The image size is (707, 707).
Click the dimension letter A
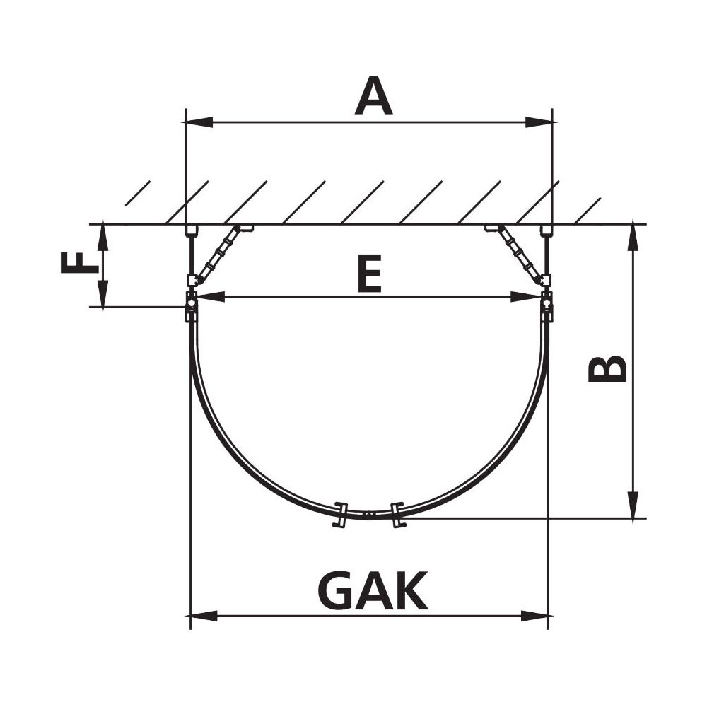[x=373, y=95]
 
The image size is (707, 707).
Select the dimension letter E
[x=369, y=273]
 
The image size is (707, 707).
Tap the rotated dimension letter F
[x=80, y=263]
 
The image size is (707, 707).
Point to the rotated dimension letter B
[x=608, y=368]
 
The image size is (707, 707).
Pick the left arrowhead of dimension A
[x=199, y=122]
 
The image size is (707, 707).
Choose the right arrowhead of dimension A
[x=539, y=122]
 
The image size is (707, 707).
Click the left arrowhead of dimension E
[x=211, y=297]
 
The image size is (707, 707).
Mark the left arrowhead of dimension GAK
[x=204, y=616]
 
